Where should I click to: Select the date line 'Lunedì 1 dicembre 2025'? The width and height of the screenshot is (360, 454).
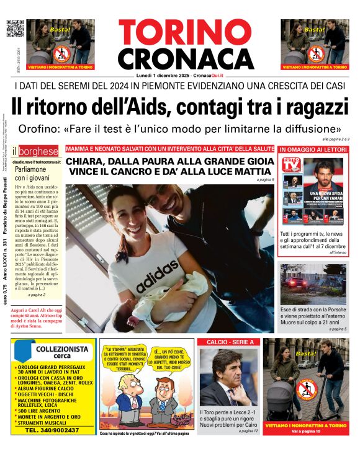pyautogui.click(x=179, y=75)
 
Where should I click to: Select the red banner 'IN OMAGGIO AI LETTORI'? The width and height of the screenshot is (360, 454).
pyautogui.click(x=313, y=149)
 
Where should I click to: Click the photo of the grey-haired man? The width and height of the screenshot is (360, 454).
pyautogui.click(x=228, y=376)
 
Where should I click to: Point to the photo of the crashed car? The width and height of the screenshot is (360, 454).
pyautogui.click(x=313, y=284)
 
